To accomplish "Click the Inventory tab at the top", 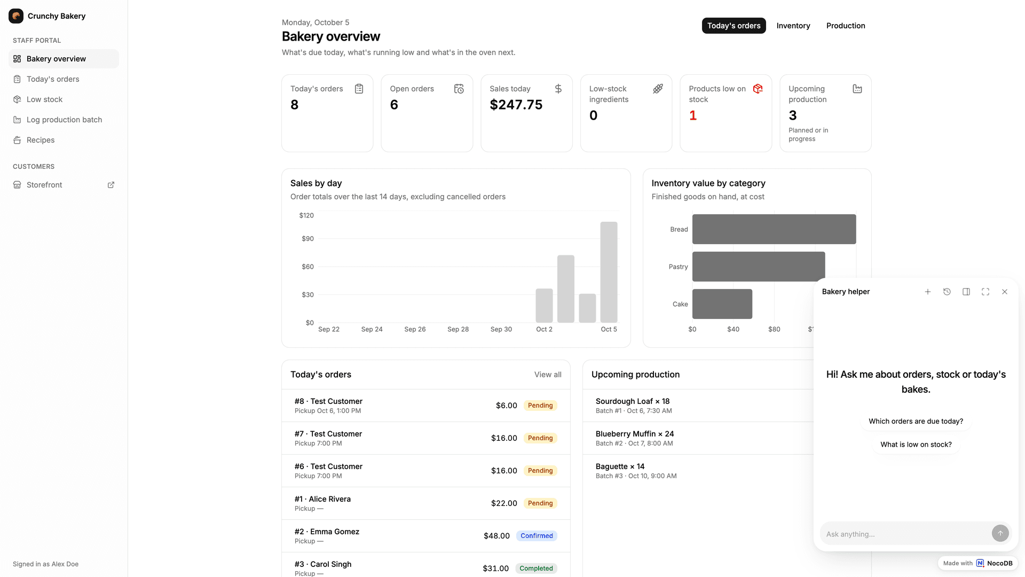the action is coord(793,26).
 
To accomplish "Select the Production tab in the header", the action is coord(846,26).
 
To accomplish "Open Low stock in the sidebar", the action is coord(44,99).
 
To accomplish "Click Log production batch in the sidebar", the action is coord(64,120).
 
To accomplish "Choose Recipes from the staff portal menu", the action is coord(41,140).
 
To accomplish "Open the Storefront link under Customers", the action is coord(44,185).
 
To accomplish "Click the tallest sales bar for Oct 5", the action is coord(609,272).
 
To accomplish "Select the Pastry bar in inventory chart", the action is coord(759,267).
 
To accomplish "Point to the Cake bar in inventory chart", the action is coord(722,304).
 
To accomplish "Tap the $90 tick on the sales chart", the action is coord(307,239).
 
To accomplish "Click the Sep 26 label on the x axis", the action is coord(415,329).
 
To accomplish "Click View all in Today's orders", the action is coord(548,375).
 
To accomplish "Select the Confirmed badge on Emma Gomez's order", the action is coord(537,536).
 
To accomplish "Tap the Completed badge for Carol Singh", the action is coord(536,568).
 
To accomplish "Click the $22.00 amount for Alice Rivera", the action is coord(504,503).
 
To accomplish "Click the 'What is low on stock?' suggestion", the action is coord(916,445).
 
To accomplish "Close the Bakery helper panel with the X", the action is coord(1005,292).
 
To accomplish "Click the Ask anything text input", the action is coord(905,534).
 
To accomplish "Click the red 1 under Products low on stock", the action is coord(693,115).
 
